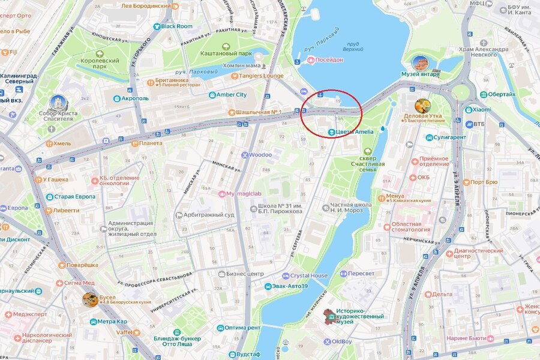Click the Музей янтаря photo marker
point(421,63)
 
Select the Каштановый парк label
point(226,53)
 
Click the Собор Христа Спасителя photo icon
point(59,103)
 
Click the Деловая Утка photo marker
point(423,106)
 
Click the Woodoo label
point(260,155)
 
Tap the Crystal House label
point(308,276)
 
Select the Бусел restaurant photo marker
point(90,299)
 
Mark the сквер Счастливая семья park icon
point(367,152)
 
